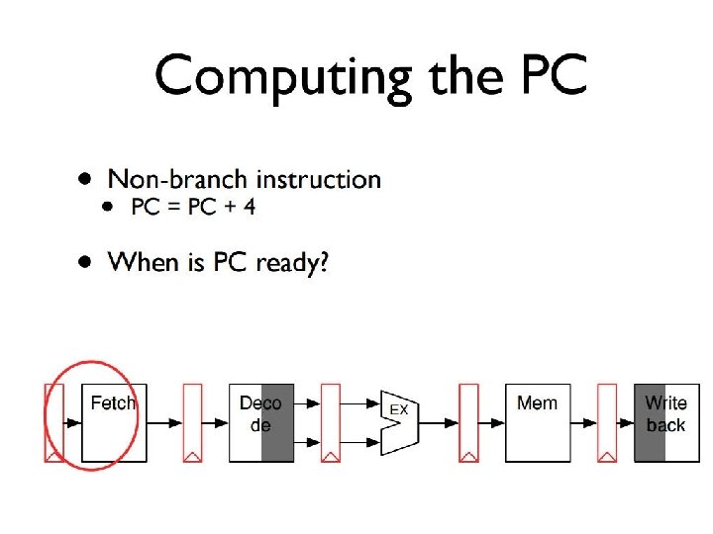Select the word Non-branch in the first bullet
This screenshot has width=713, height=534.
coord(177,179)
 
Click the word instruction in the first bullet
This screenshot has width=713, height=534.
coord(318,179)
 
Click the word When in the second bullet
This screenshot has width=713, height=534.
coord(140,262)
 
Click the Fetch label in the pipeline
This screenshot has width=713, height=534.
coord(113,403)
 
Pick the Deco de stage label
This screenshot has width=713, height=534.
coord(259,413)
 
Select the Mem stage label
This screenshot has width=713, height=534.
coord(537,402)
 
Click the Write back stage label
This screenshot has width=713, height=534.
coord(665,413)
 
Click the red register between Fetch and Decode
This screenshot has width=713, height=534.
coord(192,422)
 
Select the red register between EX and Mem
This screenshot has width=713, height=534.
coord(468,422)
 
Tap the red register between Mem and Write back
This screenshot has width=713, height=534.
coord(607,422)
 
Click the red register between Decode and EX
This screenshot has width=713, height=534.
coord(331,422)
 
